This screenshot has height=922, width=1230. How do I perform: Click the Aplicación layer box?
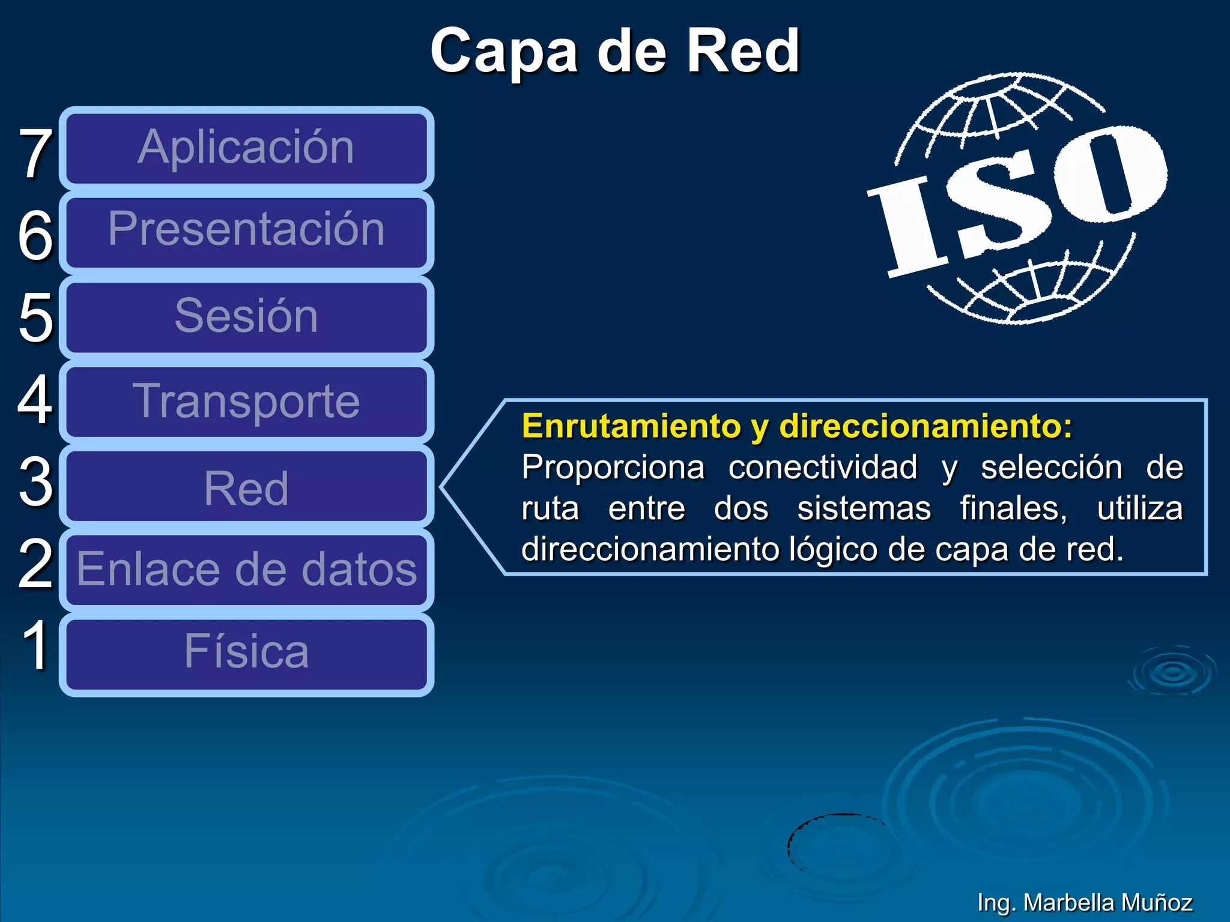(x=246, y=148)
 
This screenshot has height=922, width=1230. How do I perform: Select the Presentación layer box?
(x=246, y=231)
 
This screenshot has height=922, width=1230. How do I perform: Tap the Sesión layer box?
(x=246, y=316)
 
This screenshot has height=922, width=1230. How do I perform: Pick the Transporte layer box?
(x=246, y=401)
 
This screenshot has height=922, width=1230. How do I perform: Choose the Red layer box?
(x=246, y=486)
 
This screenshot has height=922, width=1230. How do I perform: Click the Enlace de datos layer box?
(x=246, y=570)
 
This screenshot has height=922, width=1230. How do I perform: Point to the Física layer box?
(x=246, y=653)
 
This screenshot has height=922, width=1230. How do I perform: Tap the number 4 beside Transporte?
(x=35, y=399)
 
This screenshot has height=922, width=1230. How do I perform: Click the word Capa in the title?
(x=505, y=53)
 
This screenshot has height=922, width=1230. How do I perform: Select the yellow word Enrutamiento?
(x=631, y=427)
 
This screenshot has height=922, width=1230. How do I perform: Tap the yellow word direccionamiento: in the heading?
(x=925, y=427)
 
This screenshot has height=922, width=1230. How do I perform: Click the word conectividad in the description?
(x=823, y=468)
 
